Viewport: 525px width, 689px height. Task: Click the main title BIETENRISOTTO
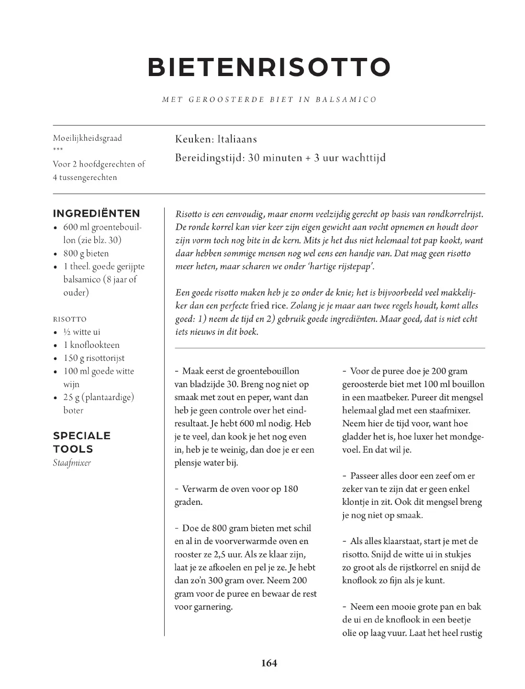point(269,67)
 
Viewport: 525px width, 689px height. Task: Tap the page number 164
point(269,663)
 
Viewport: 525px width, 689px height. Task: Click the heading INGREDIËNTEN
point(97,213)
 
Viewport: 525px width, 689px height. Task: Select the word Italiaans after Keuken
point(237,139)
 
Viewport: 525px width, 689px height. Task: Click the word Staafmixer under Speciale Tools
point(72,463)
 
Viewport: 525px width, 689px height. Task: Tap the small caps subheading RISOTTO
point(70,319)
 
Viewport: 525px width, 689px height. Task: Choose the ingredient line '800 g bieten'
point(86,254)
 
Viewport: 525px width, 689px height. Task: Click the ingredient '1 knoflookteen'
point(91,345)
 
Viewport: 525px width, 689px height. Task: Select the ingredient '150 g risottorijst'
point(94,358)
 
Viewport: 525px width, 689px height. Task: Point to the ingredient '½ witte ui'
point(82,332)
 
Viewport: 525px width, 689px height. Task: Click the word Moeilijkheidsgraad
point(88,138)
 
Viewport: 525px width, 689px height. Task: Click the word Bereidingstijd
point(210,158)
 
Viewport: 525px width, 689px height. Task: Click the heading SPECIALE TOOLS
point(82,442)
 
